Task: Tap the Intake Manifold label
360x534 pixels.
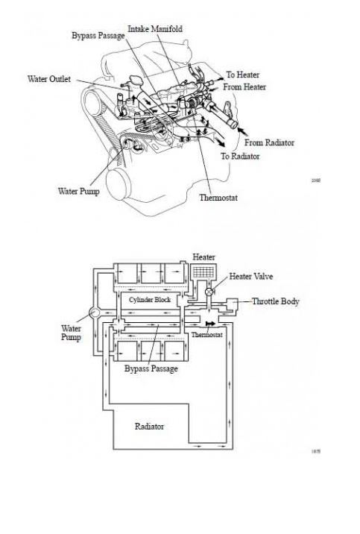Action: tap(155, 28)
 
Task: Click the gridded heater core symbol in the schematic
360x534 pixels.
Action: tap(202, 274)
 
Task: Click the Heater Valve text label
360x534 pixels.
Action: tap(251, 276)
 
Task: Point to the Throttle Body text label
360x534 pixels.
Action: tap(276, 301)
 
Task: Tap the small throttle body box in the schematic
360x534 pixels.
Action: tap(233, 303)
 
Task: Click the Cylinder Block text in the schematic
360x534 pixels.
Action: tap(148, 299)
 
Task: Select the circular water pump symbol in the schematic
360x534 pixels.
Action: tap(93, 313)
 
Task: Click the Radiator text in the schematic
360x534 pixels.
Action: tap(149, 427)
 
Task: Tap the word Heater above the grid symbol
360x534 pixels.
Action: tap(203, 257)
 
